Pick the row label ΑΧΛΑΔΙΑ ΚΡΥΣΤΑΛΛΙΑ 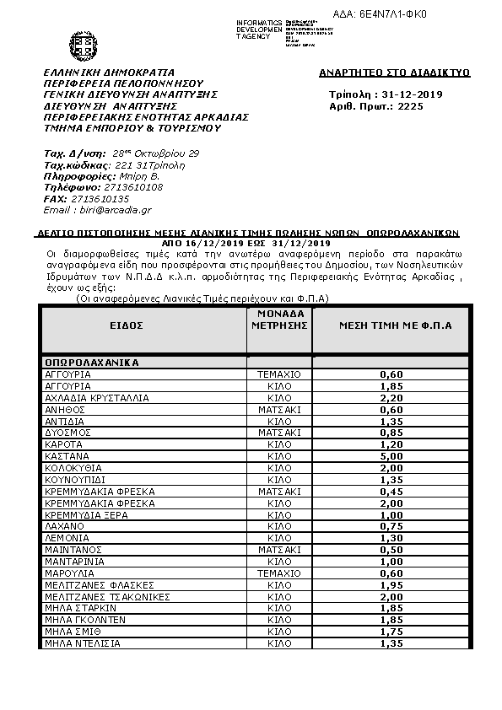[x=96, y=396]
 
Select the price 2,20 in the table [x=391, y=396]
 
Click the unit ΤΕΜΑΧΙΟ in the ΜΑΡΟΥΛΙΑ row [x=279, y=573]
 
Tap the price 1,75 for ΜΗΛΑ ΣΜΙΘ [x=391, y=631]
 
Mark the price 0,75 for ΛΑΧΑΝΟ [x=391, y=525]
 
